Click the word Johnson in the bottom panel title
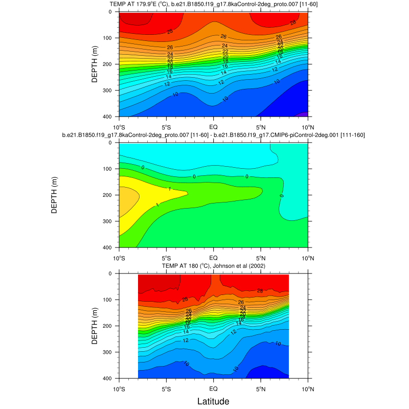pyautogui.click(x=208, y=266)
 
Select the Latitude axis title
pyautogui.click(x=213, y=401)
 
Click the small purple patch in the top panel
pyautogui.click(x=302, y=114)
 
